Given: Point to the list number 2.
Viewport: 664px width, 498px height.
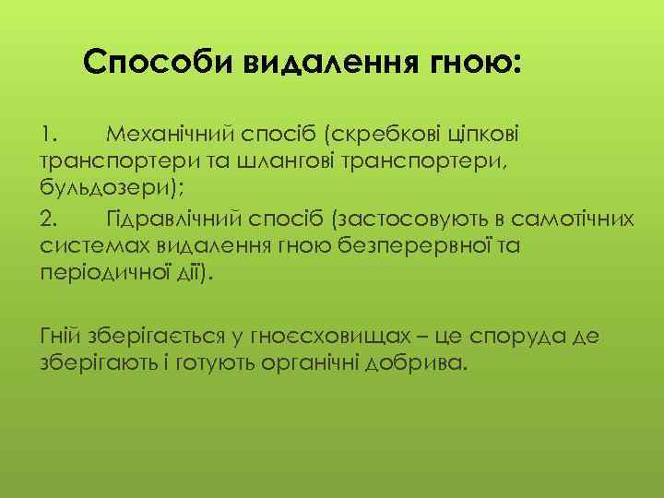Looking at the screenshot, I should [50, 218].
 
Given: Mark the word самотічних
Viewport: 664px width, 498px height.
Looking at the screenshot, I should [580, 218].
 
